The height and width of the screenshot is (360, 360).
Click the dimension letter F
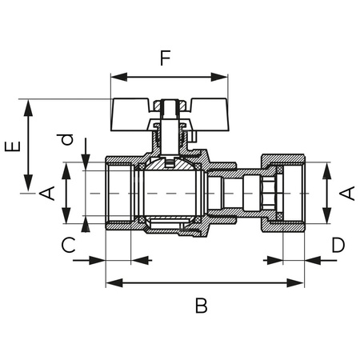pyautogui.click(x=165, y=58)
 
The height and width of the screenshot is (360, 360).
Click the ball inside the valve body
pyautogui.click(x=169, y=194)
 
